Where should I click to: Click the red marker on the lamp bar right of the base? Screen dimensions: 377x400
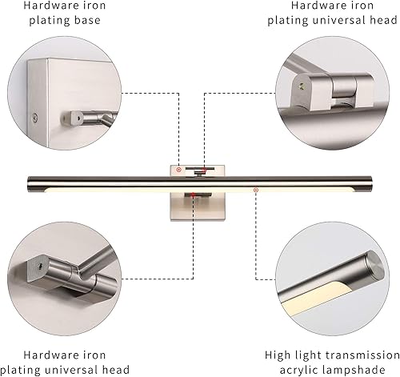pos(255,190)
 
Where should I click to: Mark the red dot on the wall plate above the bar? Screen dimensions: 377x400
pos(203,170)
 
